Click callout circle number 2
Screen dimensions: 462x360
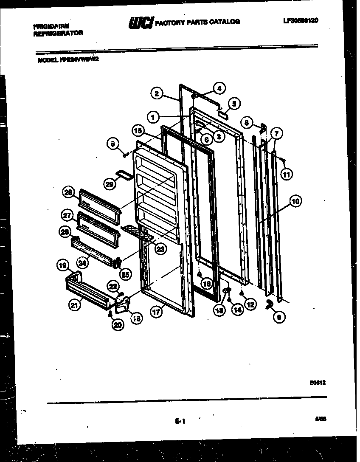157,93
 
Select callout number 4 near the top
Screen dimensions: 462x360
219,88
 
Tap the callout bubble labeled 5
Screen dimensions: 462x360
234,103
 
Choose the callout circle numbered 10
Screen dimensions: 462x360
295,201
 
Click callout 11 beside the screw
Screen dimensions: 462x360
287,174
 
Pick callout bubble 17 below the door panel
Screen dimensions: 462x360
157,312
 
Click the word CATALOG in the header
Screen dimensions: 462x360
224,22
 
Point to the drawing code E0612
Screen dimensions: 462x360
317,383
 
